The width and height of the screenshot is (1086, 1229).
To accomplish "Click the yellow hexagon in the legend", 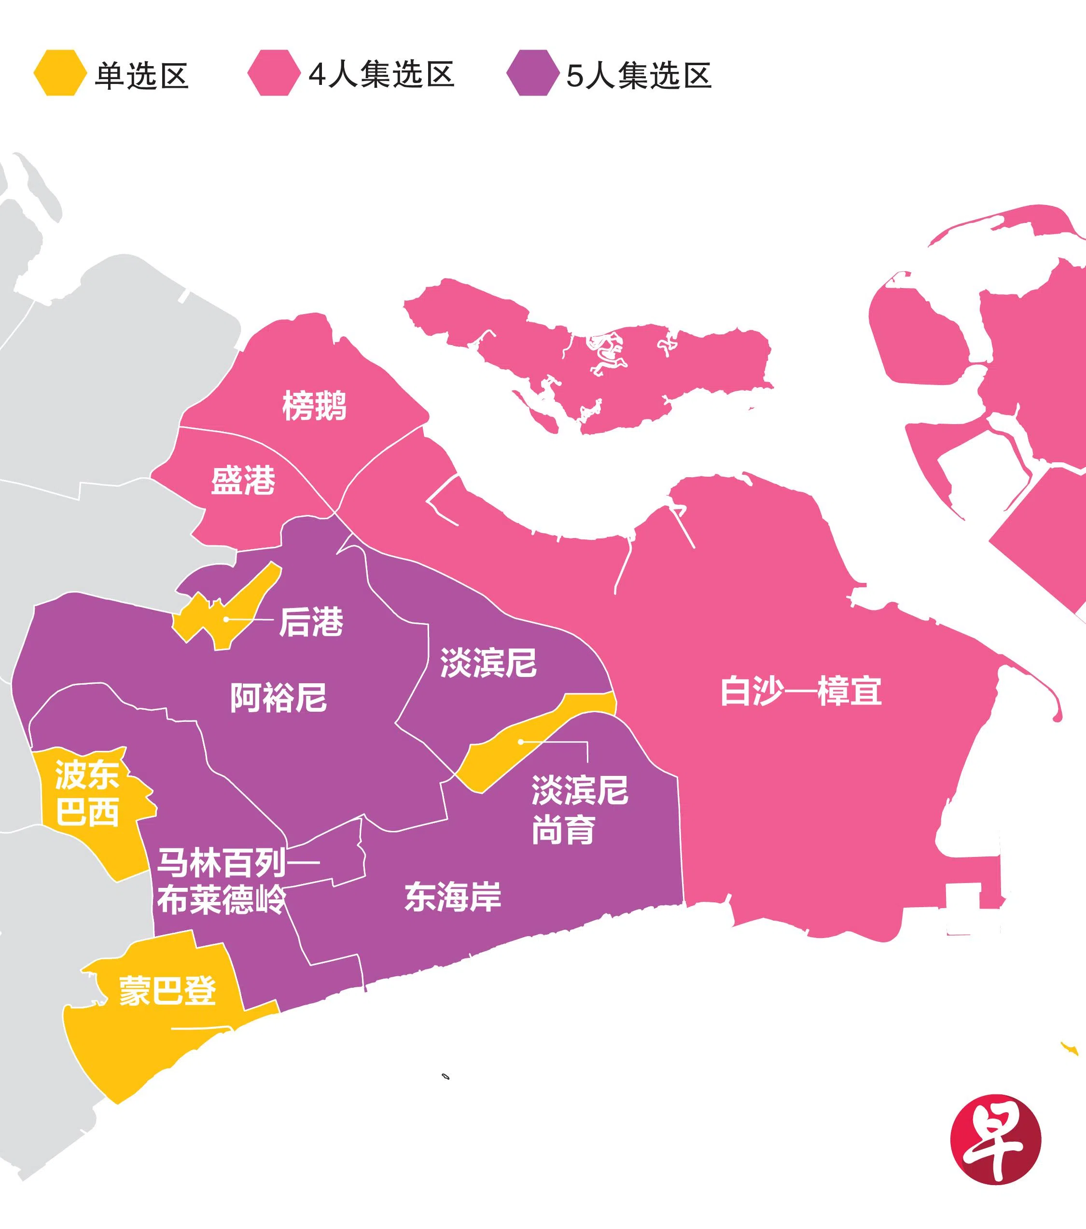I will (58, 73).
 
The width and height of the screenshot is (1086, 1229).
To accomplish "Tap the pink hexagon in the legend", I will (273, 73).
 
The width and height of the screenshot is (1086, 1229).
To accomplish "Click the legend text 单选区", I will (142, 76).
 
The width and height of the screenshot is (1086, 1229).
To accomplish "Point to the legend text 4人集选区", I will (381, 75).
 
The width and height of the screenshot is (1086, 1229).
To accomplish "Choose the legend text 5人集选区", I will (639, 75).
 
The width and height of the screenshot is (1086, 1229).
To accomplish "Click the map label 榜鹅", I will (315, 405).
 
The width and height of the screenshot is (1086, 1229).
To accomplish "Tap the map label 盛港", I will (243, 481).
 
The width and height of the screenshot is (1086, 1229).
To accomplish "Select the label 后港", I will (311, 622).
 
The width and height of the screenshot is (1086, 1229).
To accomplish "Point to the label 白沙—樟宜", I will (800, 691).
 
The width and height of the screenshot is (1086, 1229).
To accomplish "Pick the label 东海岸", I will (453, 897).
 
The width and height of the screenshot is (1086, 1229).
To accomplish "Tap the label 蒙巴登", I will (167, 990).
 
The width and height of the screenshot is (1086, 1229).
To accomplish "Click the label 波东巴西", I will (87, 793).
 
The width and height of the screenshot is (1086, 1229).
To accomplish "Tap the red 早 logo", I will (995, 1139).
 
